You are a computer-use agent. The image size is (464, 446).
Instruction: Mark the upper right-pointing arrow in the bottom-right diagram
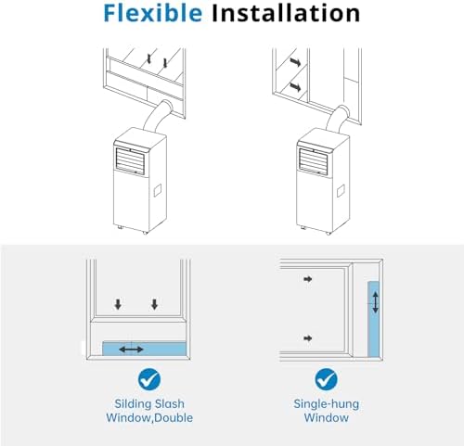tap(309, 277)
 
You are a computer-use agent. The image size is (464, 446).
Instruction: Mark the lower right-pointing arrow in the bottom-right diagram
tap(309, 336)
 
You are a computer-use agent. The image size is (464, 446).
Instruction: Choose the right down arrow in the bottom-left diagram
tap(155, 304)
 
